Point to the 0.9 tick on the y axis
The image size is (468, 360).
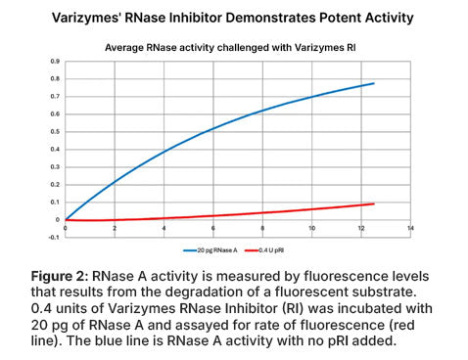[x=55, y=61]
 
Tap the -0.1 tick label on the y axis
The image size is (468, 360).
[x=54, y=237]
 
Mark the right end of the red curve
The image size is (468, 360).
[x=373, y=203]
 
